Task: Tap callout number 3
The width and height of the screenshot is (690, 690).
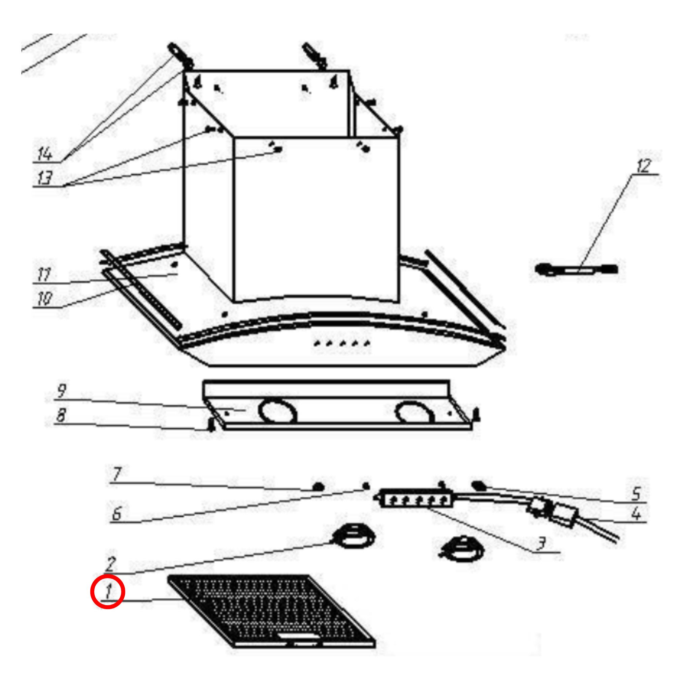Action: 541,543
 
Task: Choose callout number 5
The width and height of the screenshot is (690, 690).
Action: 636,494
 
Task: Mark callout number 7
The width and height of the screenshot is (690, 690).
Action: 117,474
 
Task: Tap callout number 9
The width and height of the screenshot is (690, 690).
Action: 61,391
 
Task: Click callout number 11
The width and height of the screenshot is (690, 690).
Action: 44,275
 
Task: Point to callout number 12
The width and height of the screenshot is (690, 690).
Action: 644,166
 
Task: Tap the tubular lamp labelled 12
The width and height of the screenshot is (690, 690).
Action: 576,269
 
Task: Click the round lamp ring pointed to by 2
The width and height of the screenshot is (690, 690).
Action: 353,536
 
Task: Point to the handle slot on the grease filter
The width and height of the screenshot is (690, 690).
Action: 298,637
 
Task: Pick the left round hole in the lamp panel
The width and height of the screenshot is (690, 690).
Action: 278,411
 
